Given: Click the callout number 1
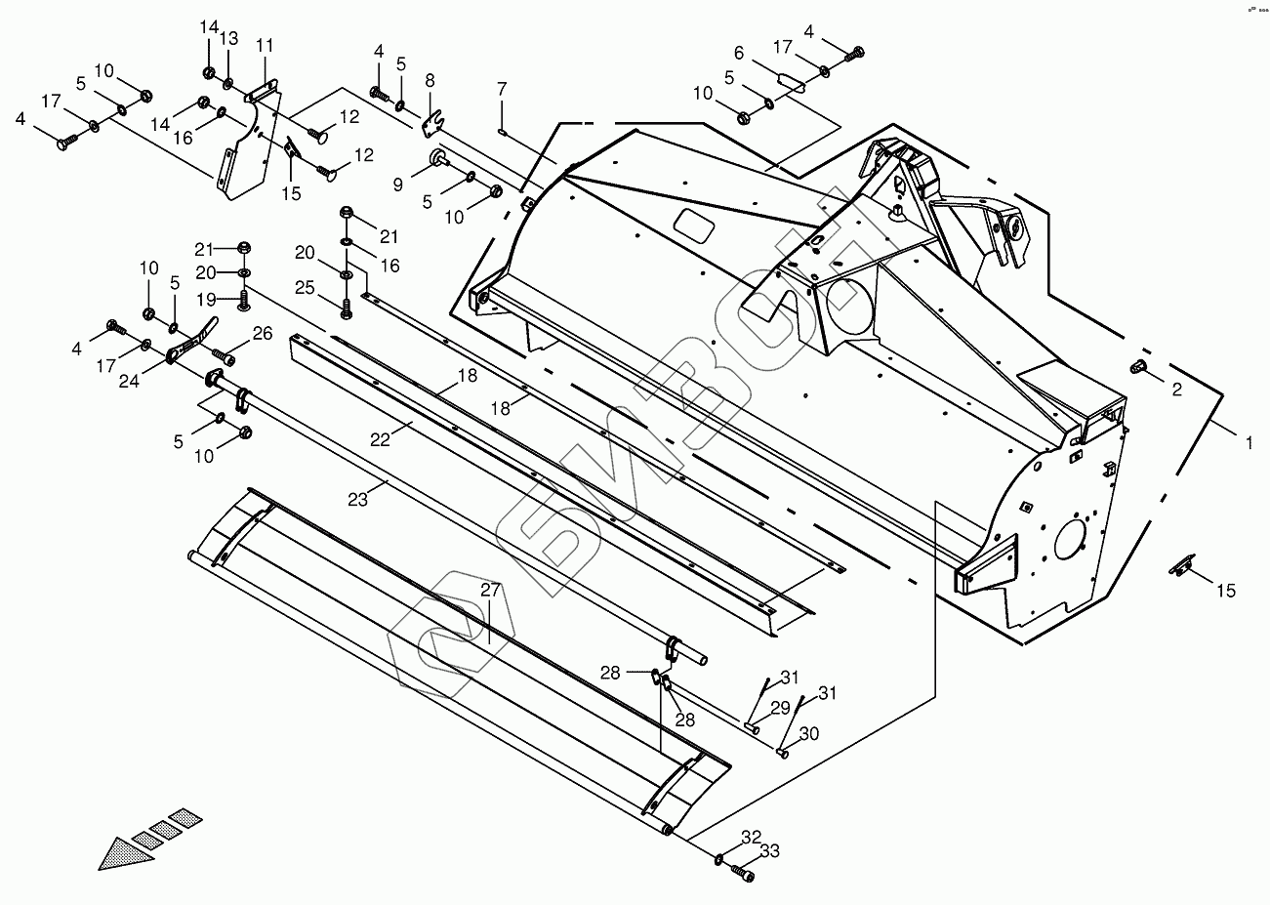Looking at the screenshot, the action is [x=1249, y=443].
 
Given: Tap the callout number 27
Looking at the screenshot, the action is [x=490, y=591].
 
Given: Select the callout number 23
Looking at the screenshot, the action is [x=357, y=500].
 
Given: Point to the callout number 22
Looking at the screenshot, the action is [x=380, y=439].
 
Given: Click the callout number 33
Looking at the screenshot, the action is [x=770, y=851].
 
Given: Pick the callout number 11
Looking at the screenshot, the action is [x=265, y=45].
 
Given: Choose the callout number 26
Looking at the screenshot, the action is [x=263, y=334].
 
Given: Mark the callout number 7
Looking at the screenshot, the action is [x=502, y=89].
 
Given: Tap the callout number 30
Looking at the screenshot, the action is [x=809, y=734].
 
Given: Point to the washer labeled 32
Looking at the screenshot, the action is [x=718, y=860].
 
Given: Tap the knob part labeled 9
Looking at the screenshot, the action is [x=440, y=157].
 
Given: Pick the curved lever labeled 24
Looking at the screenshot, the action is [x=191, y=339].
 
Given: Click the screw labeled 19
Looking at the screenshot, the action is [x=244, y=301].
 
